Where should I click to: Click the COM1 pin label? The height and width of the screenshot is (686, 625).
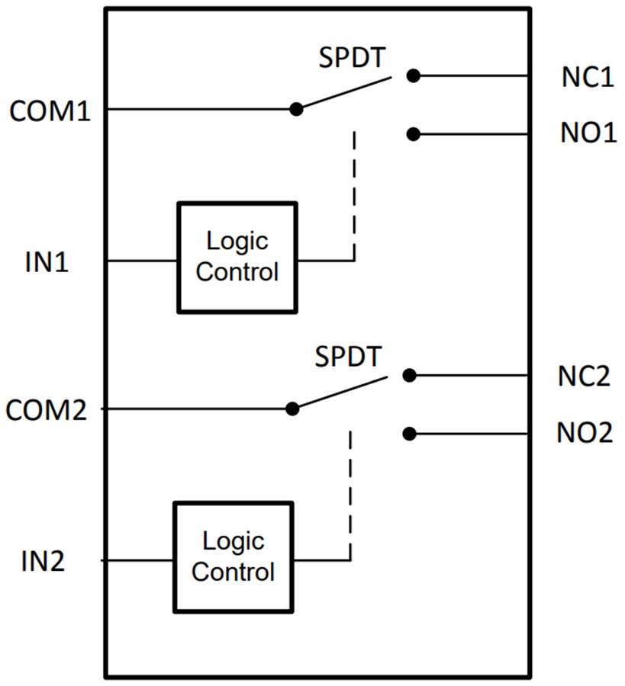click(x=50, y=111)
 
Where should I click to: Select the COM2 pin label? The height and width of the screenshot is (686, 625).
click(x=47, y=411)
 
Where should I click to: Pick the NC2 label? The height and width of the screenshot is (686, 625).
click(x=583, y=377)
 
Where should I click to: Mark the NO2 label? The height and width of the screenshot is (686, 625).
click(x=584, y=434)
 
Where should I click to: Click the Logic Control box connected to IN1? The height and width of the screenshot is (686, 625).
click(x=237, y=257)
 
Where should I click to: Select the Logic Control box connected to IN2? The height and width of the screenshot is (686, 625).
click(x=233, y=556)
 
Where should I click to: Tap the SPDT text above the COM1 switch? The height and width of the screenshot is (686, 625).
click(x=352, y=59)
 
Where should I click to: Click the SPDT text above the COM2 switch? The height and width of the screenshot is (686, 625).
click(x=348, y=357)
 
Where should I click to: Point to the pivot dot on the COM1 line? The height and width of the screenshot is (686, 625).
click(x=296, y=109)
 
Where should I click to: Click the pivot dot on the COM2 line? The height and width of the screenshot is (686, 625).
click(x=292, y=409)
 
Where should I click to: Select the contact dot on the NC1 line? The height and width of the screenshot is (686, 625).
click(x=413, y=75)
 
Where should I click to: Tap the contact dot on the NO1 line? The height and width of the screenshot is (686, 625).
click(x=413, y=134)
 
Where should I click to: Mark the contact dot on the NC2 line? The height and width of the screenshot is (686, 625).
click(x=409, y=375)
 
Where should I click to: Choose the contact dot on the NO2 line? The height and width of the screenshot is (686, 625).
click(x=409, y=434)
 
